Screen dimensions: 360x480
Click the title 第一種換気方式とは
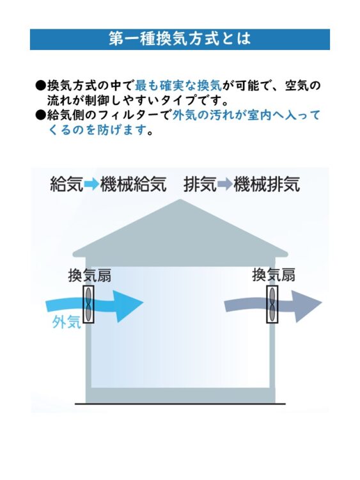pos(180,39)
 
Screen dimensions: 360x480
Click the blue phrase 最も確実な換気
pos(178,86)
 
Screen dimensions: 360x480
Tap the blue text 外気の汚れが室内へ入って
pos(247,115)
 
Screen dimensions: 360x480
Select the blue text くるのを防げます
pos(98,131)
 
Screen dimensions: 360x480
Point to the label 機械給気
pos(134,184)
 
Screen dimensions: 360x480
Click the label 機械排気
pos(267,184)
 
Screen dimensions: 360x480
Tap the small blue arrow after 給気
pos(91,184)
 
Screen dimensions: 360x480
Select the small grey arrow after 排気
pos(225,184)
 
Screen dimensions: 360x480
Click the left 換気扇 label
pos(90,275)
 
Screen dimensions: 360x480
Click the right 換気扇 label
pos(274,275)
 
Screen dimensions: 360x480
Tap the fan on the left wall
pos(88,304)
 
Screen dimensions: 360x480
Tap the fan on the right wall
pos(272,304)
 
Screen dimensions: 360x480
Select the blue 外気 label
pos(67,323)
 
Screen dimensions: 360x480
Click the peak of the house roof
pos(180,200)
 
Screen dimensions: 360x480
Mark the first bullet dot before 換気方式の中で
pos(41,85)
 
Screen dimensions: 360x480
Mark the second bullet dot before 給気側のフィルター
pos(41,115)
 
